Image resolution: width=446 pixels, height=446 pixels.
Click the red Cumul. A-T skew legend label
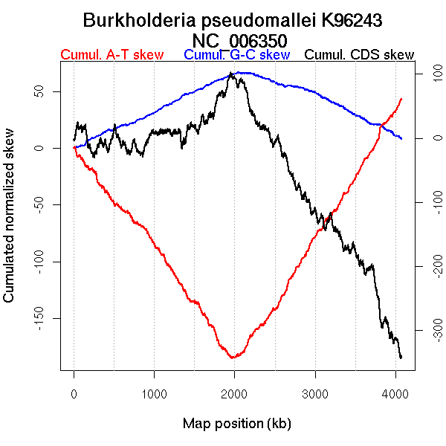(x=111, y=55)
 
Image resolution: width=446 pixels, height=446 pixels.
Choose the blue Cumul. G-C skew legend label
(x=236, y=55)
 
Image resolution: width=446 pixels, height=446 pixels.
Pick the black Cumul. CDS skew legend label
(x=360, y=55)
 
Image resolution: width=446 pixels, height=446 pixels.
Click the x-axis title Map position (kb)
(x=236, y=424)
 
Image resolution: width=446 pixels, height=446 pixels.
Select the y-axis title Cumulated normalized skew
(x=10, y=224)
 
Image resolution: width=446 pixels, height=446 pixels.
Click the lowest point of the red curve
(x=233, y=358)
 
